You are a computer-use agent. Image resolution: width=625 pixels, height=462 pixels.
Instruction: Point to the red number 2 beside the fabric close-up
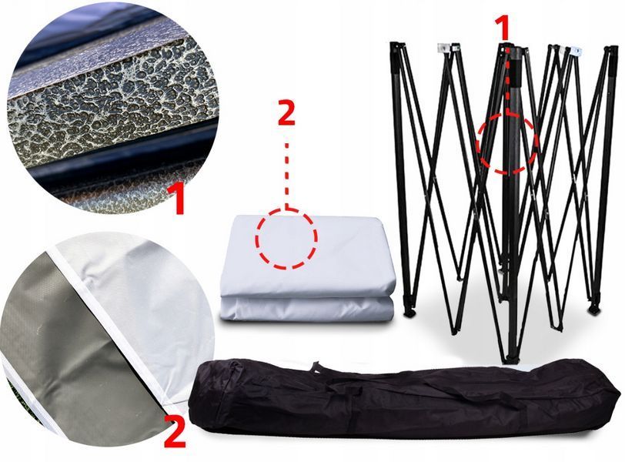(x=175, y=432)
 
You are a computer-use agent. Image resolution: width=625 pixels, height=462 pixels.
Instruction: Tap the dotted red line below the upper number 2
(x=286, y=176)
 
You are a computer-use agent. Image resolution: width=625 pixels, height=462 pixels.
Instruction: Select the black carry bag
(x=405, y=395)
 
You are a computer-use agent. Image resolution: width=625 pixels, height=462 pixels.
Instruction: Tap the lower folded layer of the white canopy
(x=306, y=308)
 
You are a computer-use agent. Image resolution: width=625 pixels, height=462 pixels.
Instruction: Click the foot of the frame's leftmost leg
(x=409, y=312)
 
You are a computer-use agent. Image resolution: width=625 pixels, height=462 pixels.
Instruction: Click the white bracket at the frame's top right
(x=576, y=51)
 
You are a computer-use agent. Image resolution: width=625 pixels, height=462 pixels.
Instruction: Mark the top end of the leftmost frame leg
(x=394, y=44)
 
